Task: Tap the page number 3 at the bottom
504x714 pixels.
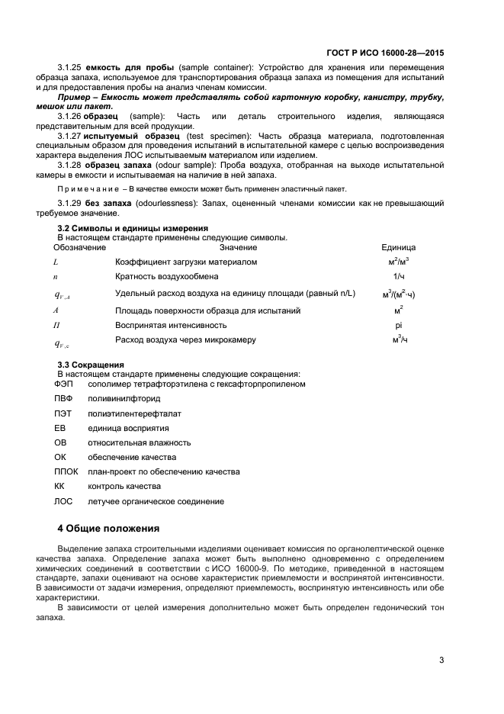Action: (x=441, y=660)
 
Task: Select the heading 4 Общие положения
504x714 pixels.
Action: (x=109, y=528)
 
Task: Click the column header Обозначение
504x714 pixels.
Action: (x=79, y=247)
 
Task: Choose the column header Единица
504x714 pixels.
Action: (x=398, y=247)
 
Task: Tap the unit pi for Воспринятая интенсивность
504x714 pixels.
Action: (x=398, y=325)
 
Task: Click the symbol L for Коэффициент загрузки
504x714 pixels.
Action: (x=56, y=262)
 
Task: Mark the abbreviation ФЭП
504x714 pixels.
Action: (x=63, y=384)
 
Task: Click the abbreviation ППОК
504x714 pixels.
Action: (x=66, y=471)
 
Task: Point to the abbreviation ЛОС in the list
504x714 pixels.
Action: (x=63, y=501)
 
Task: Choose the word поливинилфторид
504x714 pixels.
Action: (x=124, y=398)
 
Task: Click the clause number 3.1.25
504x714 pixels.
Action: (x=69, y=68)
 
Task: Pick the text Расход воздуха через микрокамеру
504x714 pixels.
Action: (x=185, y=339)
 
